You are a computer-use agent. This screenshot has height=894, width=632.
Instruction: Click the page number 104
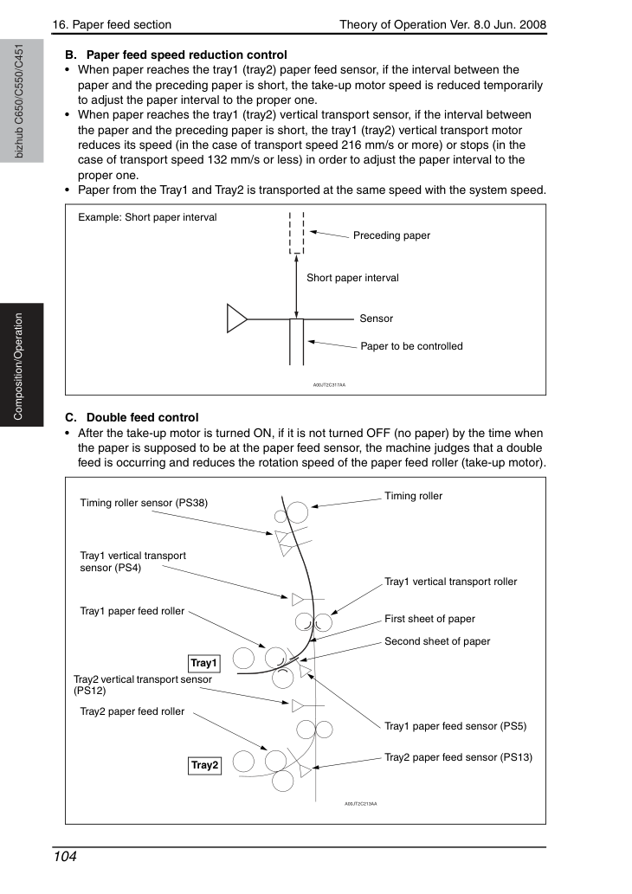64,857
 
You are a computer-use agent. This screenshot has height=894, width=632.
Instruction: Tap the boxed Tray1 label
203,663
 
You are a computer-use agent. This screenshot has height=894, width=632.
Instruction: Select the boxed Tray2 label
204,765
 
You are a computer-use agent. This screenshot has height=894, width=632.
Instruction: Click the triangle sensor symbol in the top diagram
236,318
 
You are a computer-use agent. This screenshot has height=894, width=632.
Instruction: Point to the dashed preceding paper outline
297,233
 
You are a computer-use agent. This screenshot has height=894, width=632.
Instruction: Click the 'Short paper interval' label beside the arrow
352,278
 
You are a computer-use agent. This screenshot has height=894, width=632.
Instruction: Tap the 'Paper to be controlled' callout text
411,346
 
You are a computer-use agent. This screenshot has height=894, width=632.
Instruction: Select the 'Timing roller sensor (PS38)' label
144,503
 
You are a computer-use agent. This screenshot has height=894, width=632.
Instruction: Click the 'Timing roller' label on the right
413,496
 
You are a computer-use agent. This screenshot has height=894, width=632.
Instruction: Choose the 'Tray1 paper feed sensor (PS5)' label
455,726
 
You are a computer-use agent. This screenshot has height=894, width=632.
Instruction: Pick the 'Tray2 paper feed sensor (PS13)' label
458,757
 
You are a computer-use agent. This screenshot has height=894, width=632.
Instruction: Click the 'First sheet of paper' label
429,619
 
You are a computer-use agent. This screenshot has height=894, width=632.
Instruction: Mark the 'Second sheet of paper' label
437,641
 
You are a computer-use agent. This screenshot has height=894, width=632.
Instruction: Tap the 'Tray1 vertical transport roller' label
450,582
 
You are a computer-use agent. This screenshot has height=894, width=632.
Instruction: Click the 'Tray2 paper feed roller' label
132,711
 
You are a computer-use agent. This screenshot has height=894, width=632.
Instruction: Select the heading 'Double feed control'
143,417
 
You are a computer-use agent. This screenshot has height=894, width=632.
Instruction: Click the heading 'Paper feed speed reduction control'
186,55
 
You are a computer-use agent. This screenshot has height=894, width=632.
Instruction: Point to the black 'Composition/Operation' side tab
22,365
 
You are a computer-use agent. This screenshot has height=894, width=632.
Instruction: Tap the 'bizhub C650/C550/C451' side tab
22,101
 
